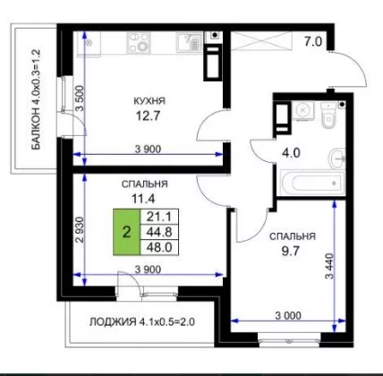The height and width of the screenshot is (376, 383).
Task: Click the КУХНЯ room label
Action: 149,101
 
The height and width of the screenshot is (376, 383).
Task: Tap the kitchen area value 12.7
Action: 148,115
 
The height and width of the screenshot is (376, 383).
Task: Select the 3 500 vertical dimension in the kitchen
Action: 80,98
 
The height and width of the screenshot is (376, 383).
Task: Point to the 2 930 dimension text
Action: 80,229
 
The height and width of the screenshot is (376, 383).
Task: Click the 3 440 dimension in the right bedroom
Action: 329,266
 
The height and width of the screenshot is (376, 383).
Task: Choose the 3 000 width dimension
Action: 288,315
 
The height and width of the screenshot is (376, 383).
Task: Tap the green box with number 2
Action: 126,232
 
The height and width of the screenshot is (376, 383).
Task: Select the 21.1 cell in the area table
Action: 159,217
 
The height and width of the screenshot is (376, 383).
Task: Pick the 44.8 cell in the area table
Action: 159,232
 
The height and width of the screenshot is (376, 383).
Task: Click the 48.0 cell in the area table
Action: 159,247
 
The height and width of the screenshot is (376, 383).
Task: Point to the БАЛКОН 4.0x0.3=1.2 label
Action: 36,99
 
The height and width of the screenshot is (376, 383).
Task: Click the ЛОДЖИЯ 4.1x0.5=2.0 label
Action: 142,322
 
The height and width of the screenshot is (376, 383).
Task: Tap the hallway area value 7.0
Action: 313,41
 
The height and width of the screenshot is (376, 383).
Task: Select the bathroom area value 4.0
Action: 291,153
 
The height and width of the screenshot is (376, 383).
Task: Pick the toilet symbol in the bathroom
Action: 328,115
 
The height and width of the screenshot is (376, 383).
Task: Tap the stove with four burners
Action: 139,43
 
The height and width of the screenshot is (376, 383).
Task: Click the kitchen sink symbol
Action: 189,43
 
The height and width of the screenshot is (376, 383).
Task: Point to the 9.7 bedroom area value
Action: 291,251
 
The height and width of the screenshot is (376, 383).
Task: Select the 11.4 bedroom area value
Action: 143,198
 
